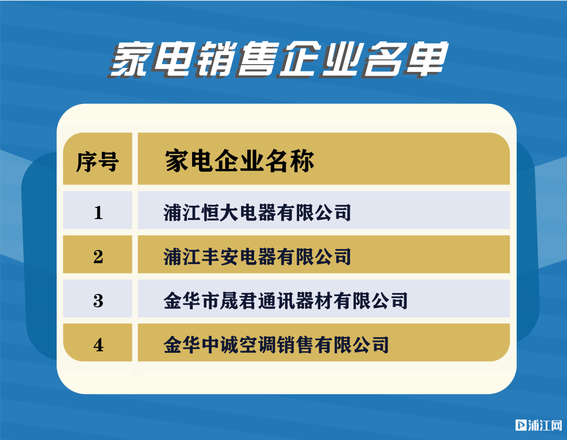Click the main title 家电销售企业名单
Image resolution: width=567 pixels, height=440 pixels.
click(x=278, y=60)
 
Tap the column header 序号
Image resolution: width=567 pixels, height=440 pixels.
click(x=97, y=162)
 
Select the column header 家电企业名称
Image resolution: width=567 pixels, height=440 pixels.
click(x=239, y=161)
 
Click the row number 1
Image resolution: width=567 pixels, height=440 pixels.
click(x=98, y=212)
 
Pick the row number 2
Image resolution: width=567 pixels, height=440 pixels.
click(x=98, y=257)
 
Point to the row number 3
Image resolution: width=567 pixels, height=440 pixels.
click(x=98, y=301)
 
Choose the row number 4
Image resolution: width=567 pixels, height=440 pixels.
click(x=98, y=345)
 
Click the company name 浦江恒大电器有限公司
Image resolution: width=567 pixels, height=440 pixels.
click(x=257, y=212)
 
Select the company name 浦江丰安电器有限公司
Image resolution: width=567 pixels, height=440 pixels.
click(x=257, y=257)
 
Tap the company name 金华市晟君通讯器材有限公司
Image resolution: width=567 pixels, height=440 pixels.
click(x=286, y=301)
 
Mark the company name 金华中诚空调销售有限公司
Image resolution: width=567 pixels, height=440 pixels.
click(x=276, y=345)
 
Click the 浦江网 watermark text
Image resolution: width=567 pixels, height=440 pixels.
click(x=545, y=425)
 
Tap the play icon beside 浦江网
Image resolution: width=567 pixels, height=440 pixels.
click(x=521, y=425)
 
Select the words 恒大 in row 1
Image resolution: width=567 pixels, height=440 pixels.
click(x=220, y=212)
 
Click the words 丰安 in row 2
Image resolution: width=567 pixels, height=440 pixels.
click(x=220, y=257)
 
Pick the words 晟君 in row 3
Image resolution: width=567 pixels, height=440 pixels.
click(x=239, y=301)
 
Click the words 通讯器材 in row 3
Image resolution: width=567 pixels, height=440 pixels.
click(x=295, y=301)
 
